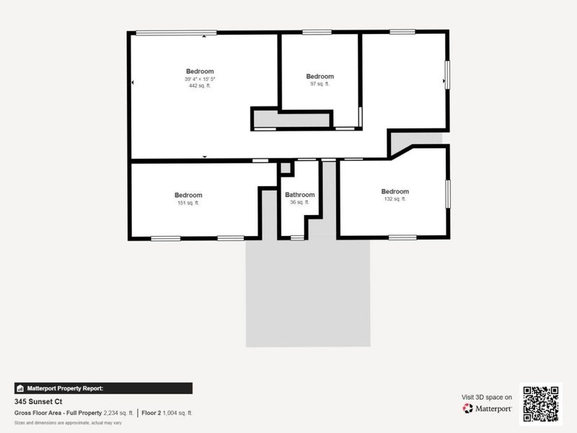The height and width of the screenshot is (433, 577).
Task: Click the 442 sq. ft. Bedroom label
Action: pos(200,71)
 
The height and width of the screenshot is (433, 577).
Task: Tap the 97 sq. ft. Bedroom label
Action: pos(320,76)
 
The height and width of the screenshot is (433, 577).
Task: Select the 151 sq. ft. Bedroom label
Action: pos(188,195)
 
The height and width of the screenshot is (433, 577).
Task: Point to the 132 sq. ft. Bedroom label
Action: pos(395,191)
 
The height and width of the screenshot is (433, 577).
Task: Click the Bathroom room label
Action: pos(299,195)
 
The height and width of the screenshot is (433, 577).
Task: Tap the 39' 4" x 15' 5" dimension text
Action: pos(200,79)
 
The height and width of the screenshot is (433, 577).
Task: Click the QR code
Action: pos(540,403)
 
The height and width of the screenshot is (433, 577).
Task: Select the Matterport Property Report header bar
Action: pos(103,388)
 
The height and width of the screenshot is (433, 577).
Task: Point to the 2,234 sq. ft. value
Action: pos(119,413)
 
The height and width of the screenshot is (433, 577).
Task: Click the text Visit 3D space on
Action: pos(487,397)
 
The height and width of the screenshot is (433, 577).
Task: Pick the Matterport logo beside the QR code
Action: pos(488,408)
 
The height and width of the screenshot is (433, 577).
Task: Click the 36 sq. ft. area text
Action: pos(299,203)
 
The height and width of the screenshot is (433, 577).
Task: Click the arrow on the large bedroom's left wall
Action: pos(133,83)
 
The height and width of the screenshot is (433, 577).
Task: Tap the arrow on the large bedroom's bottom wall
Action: pos(205,156)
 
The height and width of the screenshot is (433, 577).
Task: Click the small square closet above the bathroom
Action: pos(286,168)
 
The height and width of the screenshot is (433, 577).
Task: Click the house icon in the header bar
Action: pos(20,388)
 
